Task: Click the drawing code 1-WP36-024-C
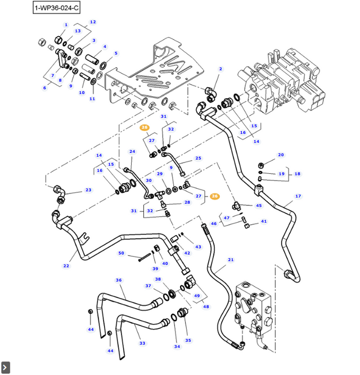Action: click(x=56, y=8)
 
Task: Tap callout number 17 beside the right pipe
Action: click(x=298, y=196)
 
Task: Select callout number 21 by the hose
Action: click(x=231, y=260)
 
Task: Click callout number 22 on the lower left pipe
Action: click(x=66, y=266)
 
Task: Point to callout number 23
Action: click(x=88, y=190)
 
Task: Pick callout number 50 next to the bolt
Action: click(x=121, y=253)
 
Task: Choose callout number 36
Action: click(x=119, y=280)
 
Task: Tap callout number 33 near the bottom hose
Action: click(x=142, y=343)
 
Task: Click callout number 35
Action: click(x=188, y=340)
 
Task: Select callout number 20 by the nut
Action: click(x=281, y=155)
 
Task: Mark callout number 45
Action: click(x=259, y=206)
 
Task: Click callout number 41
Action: click(x=264, y=222)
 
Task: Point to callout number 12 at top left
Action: click(x=93, y=22)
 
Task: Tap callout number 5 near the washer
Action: click(x=116, y=53)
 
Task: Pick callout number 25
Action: click(x=198, y=159)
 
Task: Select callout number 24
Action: click(x=133, y=151)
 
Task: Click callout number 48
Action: click(x=206, y=307)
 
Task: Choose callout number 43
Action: click(x=198, y=247)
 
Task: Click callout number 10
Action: click(x=82, y=92)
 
